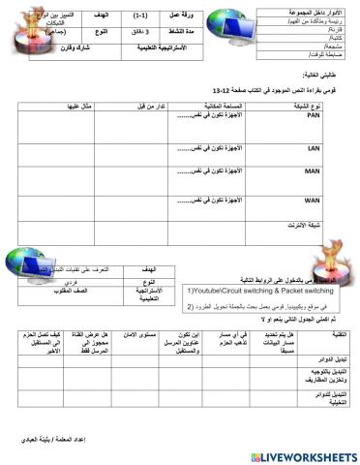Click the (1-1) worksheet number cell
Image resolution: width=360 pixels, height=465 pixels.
click(140, 16)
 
